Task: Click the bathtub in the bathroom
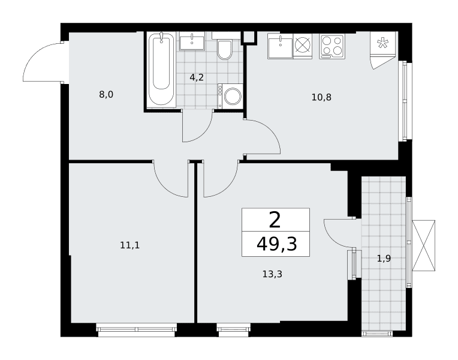click(162, 70)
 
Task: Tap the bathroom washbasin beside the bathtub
click(192, 41)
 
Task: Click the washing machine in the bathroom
click(230, 96)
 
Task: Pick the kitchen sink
click(280, 46)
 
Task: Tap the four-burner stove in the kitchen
click(332, 46)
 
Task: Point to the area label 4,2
click(197, 77)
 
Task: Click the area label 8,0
click(106, 94)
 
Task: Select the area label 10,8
click(321, 97)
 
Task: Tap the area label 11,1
click(129, 245)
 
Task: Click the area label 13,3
click(272, 274)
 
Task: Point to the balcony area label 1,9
click(384, 259)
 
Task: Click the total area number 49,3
click(276, 244)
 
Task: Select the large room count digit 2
click(275, 220)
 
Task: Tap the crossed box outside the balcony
click(424, 245)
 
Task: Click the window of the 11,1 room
click(137, 329)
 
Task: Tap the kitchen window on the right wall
click(405, 101)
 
